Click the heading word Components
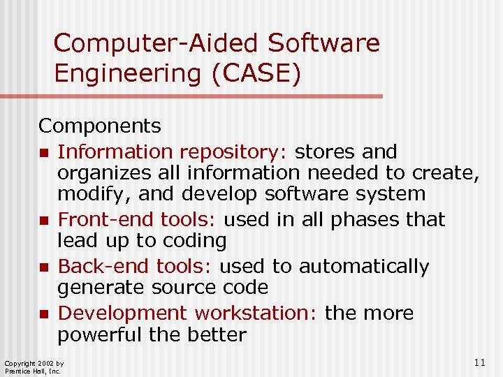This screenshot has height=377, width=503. [x=99, y=126]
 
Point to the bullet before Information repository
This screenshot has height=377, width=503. [x=44, y=153]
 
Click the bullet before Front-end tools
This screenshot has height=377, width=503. [x=44, y=221]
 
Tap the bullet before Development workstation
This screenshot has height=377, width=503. [x=44, y=315]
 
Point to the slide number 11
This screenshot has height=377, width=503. [x=479, y=362]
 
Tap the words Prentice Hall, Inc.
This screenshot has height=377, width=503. [x=33, y=371]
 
